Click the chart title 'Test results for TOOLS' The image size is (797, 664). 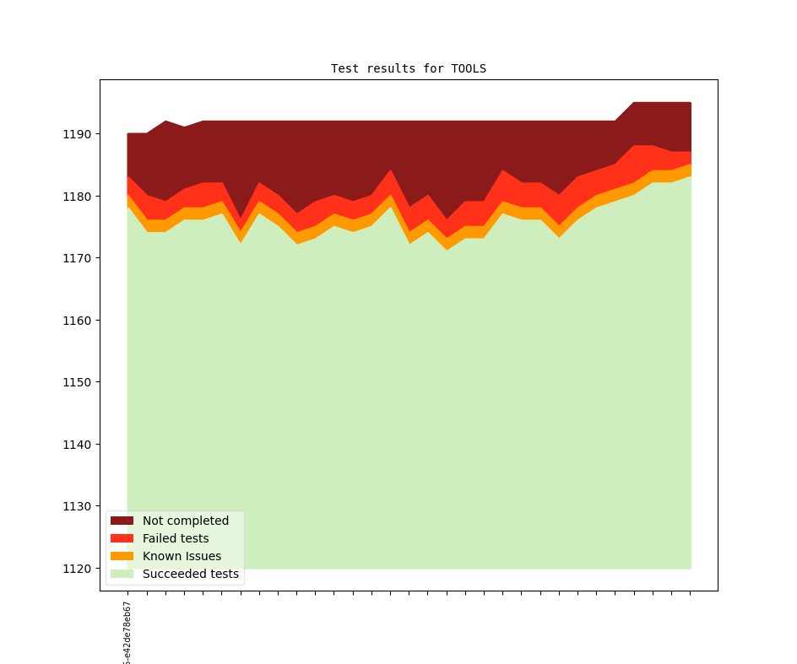tap(409, 68)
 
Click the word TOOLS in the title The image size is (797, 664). tap(469, 68)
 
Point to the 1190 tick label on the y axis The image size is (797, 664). tap(78, 134)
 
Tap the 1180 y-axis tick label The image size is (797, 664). tap(78, 197)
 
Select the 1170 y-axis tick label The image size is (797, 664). tap(78, 258)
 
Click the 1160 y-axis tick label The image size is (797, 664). tap(78, 321)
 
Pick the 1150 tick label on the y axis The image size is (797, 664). tap(78, 382)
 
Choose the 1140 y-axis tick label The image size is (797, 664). tap(78, 445)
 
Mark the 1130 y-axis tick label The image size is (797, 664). tap(78, 506)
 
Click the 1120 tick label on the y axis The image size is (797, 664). tap(78, 569)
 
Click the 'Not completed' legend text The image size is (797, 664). tap(186, 521)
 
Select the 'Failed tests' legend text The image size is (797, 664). tap(176, 538)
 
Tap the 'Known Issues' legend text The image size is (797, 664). tap(182, 556)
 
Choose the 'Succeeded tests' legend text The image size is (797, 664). tap(191, 574)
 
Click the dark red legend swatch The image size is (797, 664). tap(122, 521)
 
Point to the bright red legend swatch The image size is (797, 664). tap(122, 538)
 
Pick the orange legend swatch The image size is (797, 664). tap(122, 556)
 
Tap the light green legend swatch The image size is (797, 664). tap(122, 574)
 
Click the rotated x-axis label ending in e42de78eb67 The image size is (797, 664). tap(127, 634)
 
